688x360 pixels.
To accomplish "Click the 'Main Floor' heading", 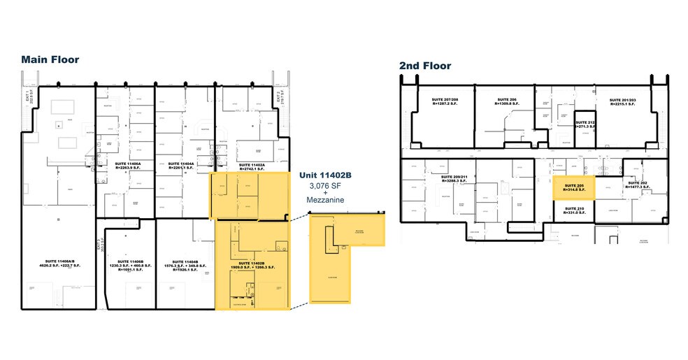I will [50, 59].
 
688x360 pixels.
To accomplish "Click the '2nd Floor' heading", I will [425, 66].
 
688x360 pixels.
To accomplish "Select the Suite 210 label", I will [573, 210].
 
